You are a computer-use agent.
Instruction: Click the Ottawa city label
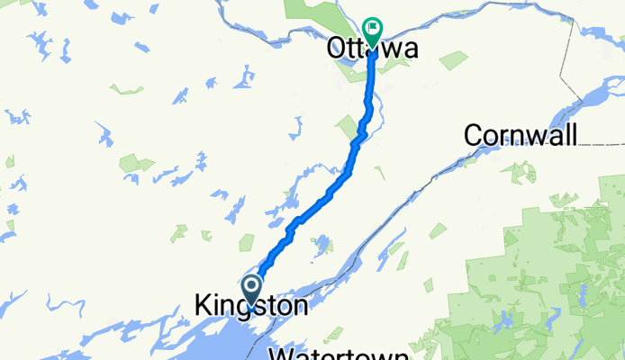tap(372, 49)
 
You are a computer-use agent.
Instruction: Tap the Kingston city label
tap(250, 306)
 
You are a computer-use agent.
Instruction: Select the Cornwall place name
tap(521, 135)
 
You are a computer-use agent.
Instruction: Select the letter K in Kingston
tap(203, 306)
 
